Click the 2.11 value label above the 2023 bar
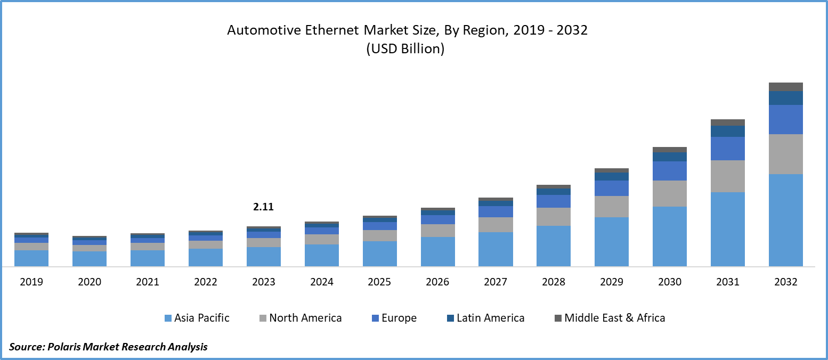click(x=263, y=207)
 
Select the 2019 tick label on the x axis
click(x=31, y=282)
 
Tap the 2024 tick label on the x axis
click(x=322, y=282)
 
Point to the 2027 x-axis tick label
click(x=496, y=282)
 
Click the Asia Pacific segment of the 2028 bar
click(x=554, y=246)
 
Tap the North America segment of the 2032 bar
click(x=786, y=154)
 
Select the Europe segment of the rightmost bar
click(x=786, y=119)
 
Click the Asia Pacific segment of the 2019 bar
click(x=31, y=258)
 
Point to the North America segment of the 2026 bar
click(x=438, y=230)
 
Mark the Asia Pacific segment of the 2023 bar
click(x=264, y=256)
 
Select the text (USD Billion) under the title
click(x=405, y=48)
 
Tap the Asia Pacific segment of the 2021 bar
click(x=148, y=258)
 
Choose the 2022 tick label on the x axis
click(x=206, y=282)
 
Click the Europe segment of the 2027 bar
click(x=496, y=211)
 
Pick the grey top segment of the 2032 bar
click(x=786, y=87)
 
